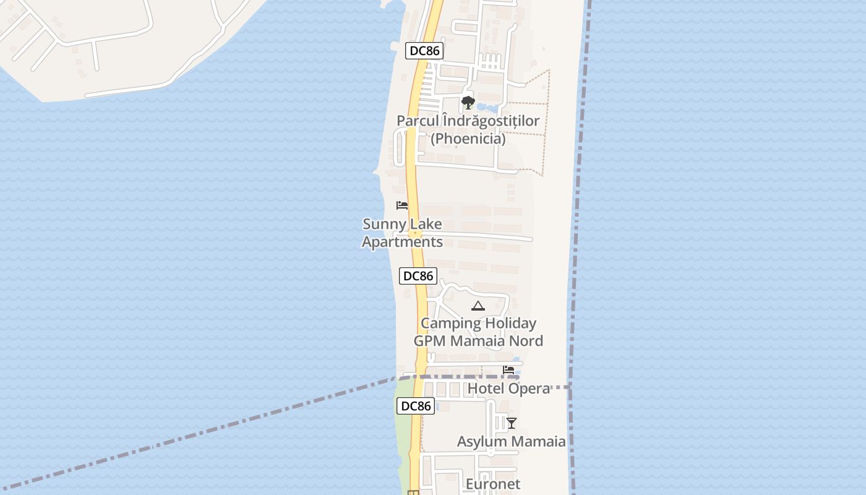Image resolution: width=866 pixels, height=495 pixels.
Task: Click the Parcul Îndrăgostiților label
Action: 468,121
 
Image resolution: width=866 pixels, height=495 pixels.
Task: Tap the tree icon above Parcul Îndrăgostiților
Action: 468,103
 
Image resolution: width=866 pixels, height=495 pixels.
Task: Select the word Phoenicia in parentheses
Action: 468,139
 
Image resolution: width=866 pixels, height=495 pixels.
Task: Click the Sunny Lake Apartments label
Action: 402,233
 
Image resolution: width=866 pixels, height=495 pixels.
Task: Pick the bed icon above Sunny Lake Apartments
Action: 402,205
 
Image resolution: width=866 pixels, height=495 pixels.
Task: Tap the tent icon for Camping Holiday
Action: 478,306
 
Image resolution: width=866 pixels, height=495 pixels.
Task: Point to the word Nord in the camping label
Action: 523,341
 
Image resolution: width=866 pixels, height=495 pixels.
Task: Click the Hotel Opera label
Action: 508,389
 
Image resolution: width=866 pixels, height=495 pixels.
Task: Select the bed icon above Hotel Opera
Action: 508,370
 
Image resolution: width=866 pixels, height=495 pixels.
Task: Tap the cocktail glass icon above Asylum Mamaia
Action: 511,423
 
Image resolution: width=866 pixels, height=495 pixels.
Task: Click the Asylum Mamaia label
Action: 511,442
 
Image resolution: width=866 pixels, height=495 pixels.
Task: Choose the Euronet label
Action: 492,484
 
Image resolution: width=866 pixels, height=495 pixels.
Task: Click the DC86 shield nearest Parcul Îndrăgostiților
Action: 424,51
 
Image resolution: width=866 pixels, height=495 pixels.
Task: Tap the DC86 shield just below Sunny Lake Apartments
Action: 418,276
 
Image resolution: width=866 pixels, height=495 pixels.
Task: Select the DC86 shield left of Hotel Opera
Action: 416,406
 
